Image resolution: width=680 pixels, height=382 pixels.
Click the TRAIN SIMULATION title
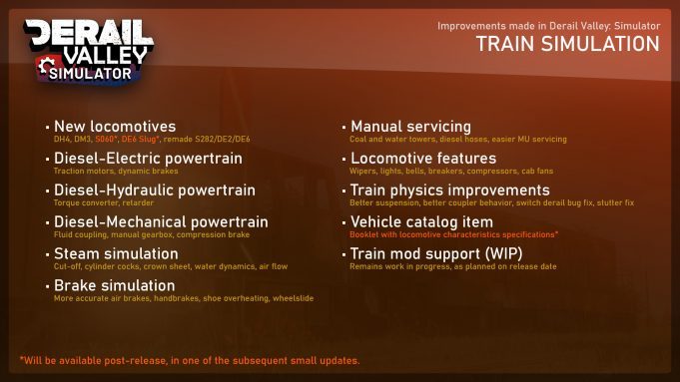(x=567, y=44)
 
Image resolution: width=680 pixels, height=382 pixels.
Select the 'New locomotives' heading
(x=114, y=127)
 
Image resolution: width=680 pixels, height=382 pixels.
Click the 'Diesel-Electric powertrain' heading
(x=147, y=158)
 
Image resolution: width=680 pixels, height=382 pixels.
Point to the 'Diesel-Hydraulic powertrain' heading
(x=154, y=190)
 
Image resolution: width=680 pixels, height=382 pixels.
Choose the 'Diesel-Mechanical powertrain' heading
(x=160, y=221)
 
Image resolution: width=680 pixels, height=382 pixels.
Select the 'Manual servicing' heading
(x=410, y=127)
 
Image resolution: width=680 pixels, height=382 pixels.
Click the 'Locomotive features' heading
(x=422, y=158)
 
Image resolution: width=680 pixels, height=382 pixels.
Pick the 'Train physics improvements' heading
(x=449, y=190)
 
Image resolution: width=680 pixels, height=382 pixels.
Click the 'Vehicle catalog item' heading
(x=421, y=221)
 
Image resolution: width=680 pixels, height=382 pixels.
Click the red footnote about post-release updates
(x=189, y=360)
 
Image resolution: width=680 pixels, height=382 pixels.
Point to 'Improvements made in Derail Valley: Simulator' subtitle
(x=548, y=25)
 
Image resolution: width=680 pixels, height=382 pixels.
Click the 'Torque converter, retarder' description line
(x=103, y=203)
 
